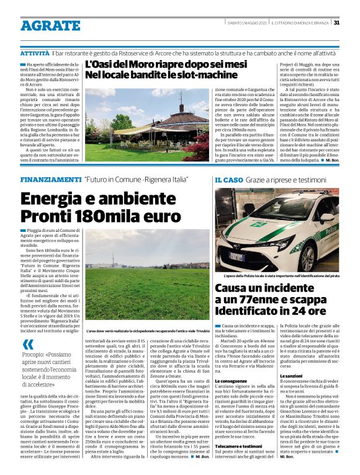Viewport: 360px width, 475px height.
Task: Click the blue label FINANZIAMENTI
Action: [x=50, y=179]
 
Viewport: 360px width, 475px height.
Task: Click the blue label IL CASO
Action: [x=229, y=179]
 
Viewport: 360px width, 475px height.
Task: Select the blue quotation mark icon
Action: [x=28, y=345]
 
